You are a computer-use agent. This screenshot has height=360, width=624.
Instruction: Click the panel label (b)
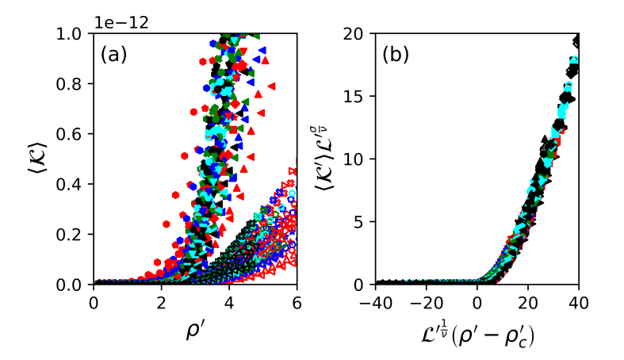coord(396,56)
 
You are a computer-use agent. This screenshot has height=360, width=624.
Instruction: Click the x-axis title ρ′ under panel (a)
coord(195,331)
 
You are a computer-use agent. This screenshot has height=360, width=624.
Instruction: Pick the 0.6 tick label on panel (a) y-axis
coord(74,134)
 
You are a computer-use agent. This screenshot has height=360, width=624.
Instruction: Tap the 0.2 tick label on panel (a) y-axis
coord(74,235)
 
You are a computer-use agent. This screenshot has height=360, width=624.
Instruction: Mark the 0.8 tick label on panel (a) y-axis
coord(74,84)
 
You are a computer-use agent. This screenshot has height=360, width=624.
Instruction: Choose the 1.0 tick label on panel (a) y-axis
coord(74,34)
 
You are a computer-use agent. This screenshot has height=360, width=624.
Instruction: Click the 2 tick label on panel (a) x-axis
coord(161,301)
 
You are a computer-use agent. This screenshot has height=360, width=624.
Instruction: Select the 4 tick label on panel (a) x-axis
coord(229,301)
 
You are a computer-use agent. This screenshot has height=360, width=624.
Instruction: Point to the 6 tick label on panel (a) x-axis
coord(297,301)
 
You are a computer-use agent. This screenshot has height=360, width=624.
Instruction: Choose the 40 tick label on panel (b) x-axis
coord(578,301)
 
